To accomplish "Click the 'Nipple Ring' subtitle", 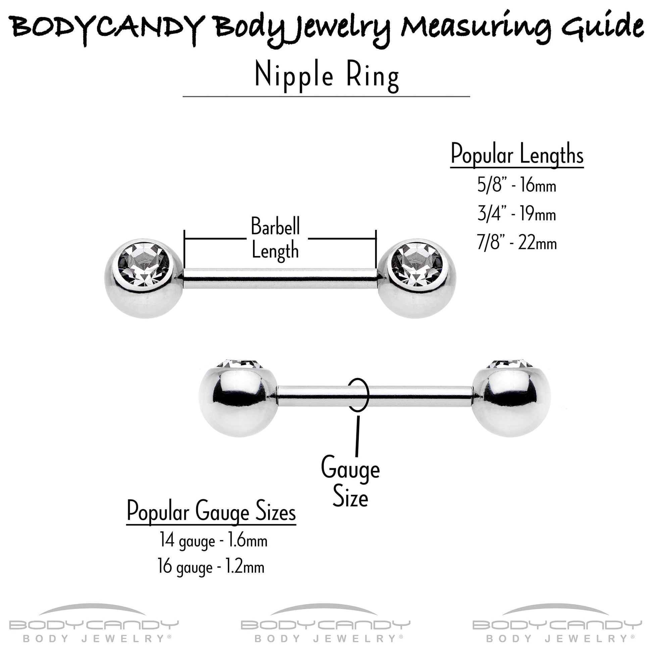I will click(x=326, y=76).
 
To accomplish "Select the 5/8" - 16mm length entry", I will click(x=516, y=185).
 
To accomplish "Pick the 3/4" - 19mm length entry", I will click(x=516, y=214).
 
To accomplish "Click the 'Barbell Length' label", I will click(x=275, y=239).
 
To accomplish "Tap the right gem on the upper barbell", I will click(x=417, y=264).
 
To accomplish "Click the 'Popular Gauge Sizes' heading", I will click(x=211, y=512).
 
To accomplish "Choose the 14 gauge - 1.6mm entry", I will click(x=214, y=541).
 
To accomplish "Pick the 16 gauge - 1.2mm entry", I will click(x=211, y=566).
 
